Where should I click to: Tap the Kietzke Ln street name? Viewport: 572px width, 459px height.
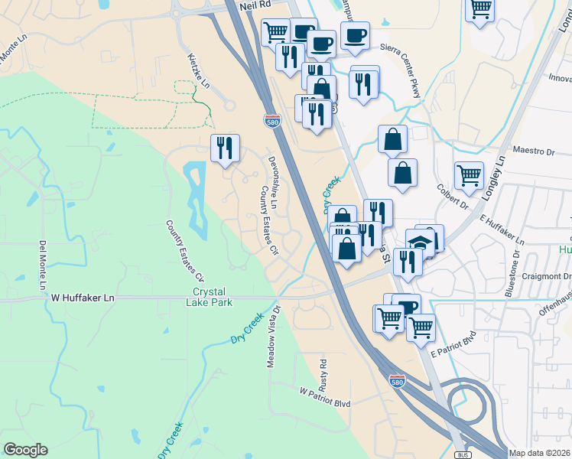pos(198,69)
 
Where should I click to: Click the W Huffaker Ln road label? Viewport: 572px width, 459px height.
pos(82,297)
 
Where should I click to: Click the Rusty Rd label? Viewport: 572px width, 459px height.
pos(323,373)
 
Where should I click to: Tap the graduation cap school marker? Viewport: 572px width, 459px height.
pos(419,242)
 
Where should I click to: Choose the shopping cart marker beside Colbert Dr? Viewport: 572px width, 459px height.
pos(469,174)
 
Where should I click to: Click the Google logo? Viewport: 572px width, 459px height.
pos(25,450)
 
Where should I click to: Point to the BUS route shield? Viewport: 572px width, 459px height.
pos(461,454)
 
